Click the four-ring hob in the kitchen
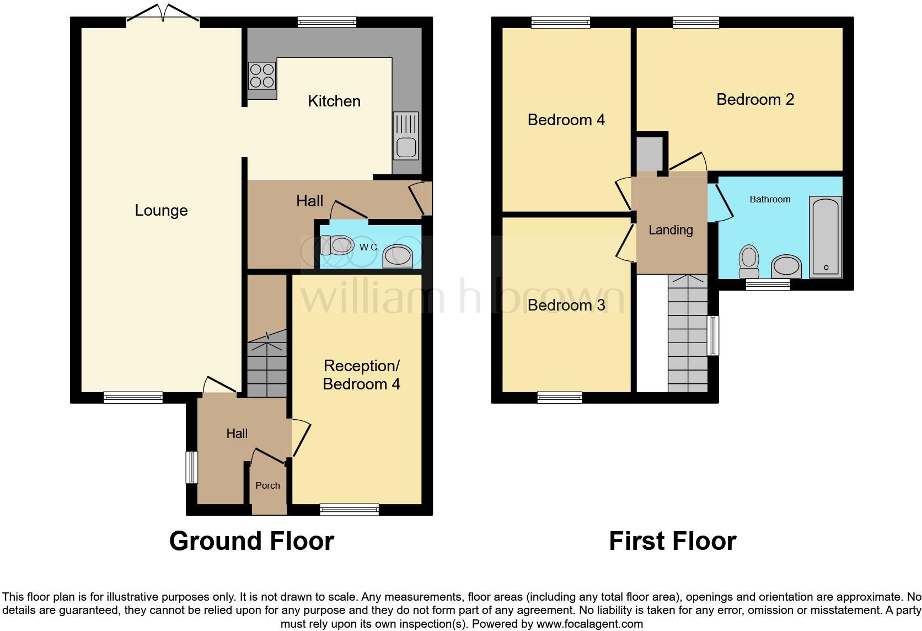262,76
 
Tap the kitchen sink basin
406,147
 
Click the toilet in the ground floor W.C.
337,245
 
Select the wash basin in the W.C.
398,256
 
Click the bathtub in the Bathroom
825,237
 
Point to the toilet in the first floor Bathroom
749,261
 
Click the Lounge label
161,210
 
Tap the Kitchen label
334,101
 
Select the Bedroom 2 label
755,99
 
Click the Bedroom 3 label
566,305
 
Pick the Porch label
267,485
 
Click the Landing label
671,230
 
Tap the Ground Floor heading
251,541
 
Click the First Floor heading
672,541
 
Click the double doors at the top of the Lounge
163,15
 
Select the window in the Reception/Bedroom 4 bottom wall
349,509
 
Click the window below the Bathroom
768,285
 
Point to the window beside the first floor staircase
714,335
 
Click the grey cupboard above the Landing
649,154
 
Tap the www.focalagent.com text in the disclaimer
589,624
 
